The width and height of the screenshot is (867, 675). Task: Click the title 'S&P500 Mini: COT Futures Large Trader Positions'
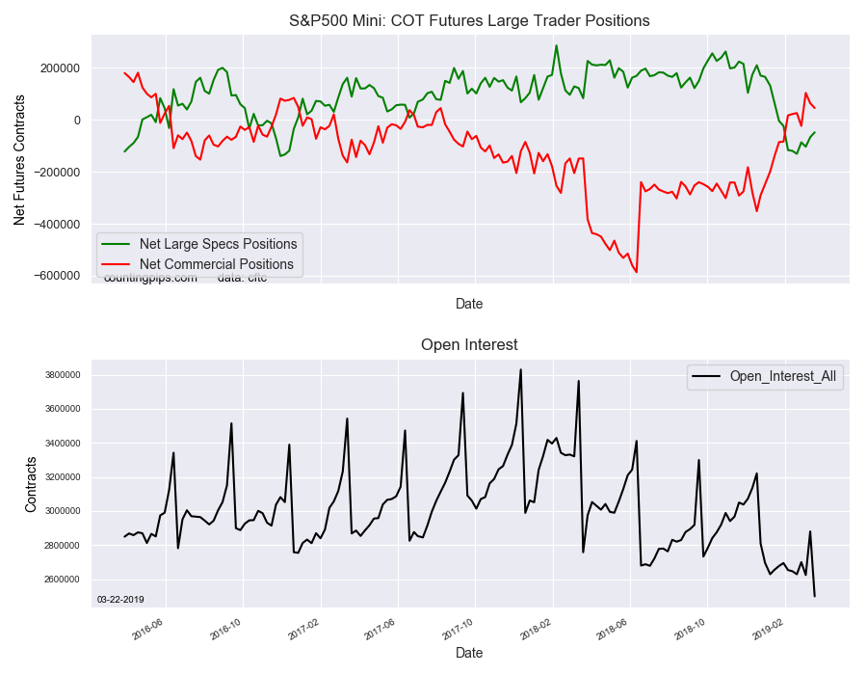(x=469, y=20)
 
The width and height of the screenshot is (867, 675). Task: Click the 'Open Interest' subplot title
(x=469, y=345)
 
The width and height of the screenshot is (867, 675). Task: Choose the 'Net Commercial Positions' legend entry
(x=217, y=264)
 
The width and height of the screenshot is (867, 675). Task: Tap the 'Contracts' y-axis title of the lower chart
(x=32, y=485)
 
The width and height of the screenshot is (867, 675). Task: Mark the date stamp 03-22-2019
(x=120, y=600)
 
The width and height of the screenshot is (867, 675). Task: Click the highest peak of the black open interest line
(x=520, y=369)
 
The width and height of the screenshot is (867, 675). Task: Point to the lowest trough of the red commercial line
(x=636, y=272)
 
